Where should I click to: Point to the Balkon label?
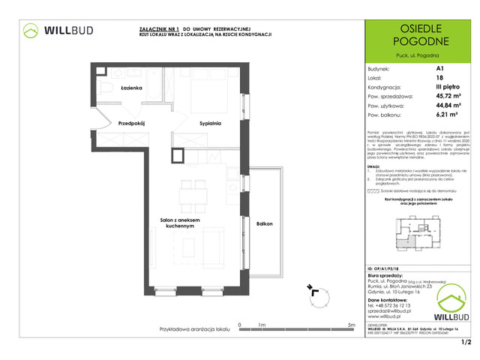263,224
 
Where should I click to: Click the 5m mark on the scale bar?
351,324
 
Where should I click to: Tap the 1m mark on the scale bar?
261,324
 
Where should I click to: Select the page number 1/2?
465,343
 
